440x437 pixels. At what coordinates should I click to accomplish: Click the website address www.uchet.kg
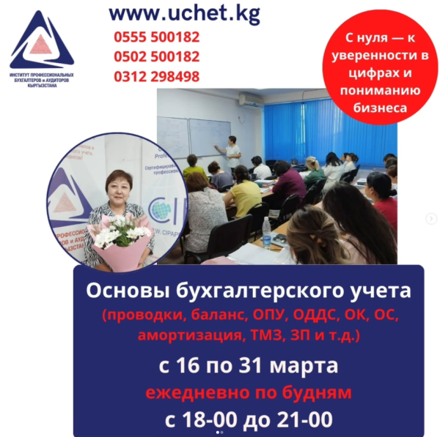click(184, 12)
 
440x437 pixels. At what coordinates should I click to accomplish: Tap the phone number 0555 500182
click(156, 37)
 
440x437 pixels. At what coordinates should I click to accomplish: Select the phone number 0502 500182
click(156, 56)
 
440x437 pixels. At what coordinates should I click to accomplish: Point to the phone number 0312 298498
click(156, 76)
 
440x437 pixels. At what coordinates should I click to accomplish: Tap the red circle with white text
click(380, 72)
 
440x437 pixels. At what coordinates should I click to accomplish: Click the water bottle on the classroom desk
click(266, 231)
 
